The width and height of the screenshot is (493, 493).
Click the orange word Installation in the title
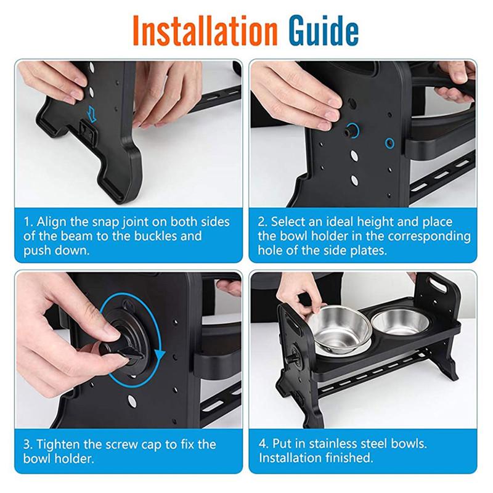205,30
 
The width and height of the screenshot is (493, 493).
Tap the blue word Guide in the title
324,30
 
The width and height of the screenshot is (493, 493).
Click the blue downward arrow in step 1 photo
92,113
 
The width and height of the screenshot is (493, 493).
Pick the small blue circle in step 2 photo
389,143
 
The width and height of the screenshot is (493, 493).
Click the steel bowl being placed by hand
341,330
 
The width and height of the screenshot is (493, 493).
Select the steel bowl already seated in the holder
400,322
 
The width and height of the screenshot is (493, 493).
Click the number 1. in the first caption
28,222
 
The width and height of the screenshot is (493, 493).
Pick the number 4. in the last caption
264,444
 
